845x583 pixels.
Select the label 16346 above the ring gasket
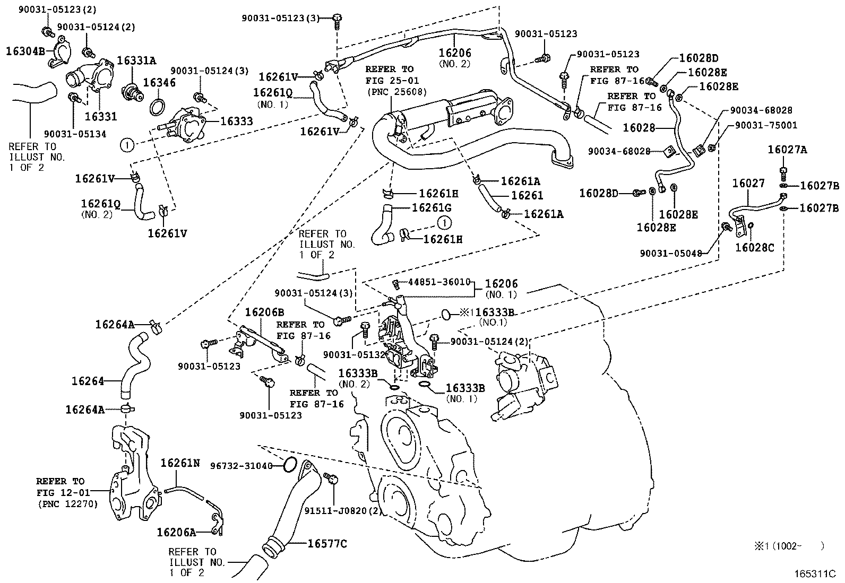click(x=160, y=82)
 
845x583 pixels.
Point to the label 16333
click(x=236, y=121)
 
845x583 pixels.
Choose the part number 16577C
click(x=327, y=544)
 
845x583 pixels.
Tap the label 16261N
click(x=180, y=463)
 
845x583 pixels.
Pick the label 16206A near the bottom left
click(x=176, y=531)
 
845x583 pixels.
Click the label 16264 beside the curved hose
click(x=88, y=380)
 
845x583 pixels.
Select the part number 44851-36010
click(x=439, y=282)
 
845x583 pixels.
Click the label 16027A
click(x=787, y=150)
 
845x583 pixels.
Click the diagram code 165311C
click(x=815, y=574)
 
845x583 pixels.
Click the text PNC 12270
click(x=67, y=503)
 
